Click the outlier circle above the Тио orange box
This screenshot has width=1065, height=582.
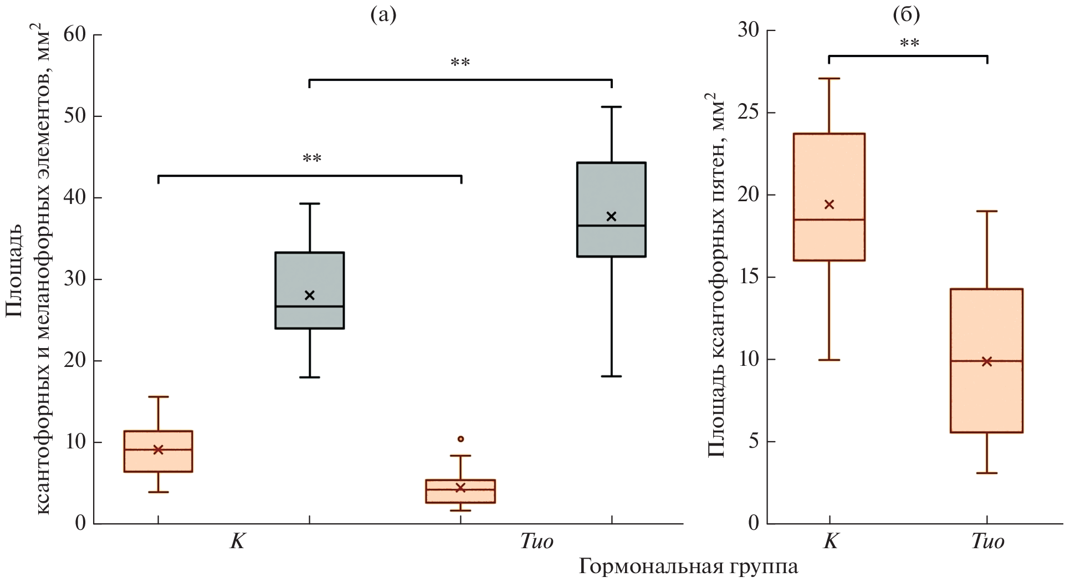(460, 439)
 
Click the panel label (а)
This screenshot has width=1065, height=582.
(383, 15)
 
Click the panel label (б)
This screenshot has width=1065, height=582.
(907, 15)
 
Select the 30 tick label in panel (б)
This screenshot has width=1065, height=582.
(749, 30)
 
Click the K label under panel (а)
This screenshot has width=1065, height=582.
(237, 541)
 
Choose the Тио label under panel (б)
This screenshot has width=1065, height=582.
(987, 541)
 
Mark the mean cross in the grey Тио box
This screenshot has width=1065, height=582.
(611, 216)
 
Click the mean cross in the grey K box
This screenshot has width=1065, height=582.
(309, 295)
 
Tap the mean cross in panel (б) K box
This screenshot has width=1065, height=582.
(829, 205)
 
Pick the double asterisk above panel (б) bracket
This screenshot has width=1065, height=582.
(909, 42)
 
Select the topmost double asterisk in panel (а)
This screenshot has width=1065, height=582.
(460, 62)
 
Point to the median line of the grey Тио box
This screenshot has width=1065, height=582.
(611, 226)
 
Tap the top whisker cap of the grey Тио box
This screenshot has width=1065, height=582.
(611, 106)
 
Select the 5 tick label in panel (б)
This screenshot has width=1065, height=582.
(754, 442)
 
